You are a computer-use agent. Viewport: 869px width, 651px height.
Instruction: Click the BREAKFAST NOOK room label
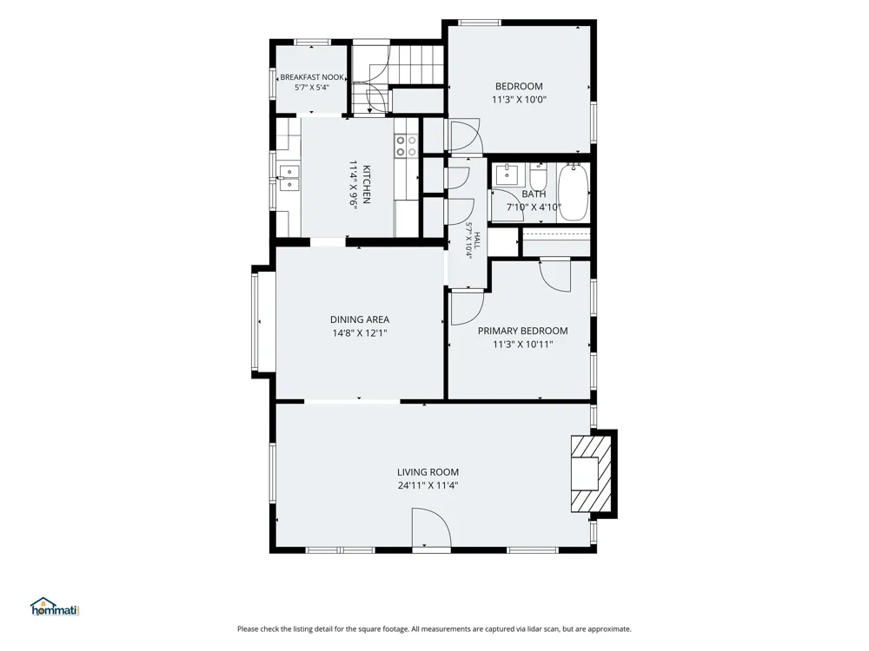tap(312, 77)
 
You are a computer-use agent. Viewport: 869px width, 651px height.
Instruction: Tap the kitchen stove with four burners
tap(406, 146)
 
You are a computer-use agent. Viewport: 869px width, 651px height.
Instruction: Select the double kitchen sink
tap(289, 178)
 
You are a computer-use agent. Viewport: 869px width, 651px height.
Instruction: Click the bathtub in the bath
tap(573, 192)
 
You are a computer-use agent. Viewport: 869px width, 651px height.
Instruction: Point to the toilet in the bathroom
tap(538, 176)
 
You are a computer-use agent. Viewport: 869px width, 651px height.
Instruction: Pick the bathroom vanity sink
tap(507, 174)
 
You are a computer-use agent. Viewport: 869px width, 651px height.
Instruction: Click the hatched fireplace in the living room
tap(591, 474)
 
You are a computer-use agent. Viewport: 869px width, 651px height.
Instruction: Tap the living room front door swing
tap(431, 529)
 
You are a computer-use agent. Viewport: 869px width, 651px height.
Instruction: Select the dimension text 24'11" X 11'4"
tap(428, 486)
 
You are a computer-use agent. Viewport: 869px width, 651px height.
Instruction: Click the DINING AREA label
tap(360, 319)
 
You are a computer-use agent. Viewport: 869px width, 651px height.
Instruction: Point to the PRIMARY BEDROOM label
tap(522, 331)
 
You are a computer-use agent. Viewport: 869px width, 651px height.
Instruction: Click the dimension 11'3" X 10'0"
tap(520, 100)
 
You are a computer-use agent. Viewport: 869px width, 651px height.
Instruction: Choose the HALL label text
tap(476, 240)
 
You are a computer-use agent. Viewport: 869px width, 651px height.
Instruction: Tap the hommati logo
tap(55, 607)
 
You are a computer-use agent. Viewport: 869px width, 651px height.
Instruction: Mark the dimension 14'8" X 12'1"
tap(360, 333)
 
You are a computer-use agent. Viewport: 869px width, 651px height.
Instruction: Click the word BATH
tap(534, 194)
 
